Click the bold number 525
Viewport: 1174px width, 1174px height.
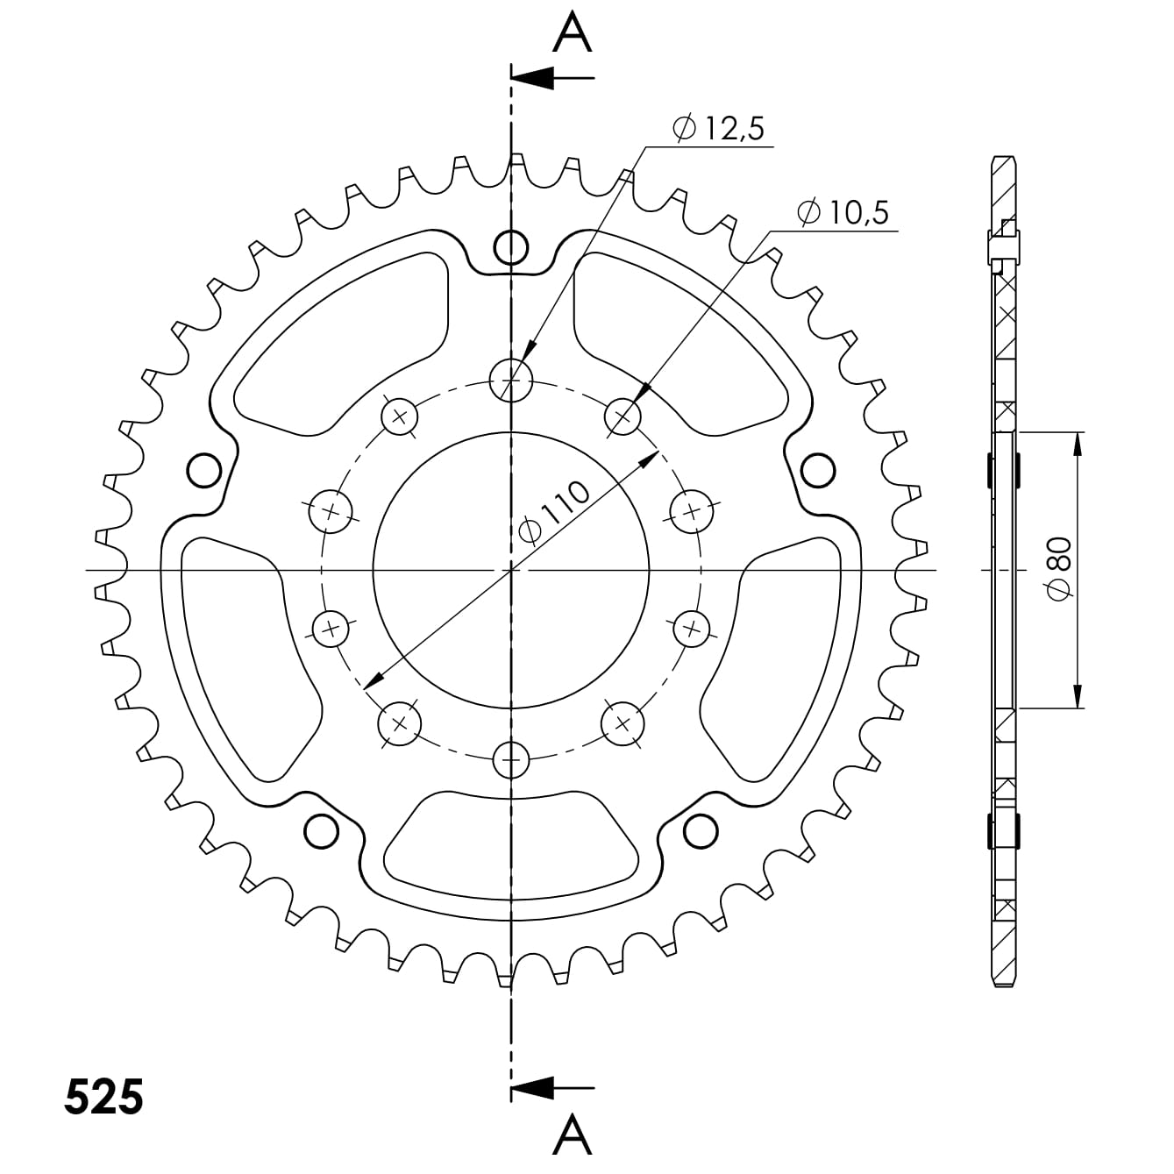tap(103, 1097)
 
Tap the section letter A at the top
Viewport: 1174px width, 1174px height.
tap(573, 32)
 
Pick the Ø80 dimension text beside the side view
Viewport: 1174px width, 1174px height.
tap(1058, 570)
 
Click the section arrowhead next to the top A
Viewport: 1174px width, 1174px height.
tap(532, 78)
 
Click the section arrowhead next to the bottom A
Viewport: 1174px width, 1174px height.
tap(532, 1088)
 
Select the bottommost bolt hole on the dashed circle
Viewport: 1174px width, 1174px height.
tap(511, 758)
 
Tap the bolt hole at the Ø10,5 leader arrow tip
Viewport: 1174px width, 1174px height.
tap(623, 416)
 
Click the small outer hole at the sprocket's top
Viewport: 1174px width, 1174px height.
tap(511, 247)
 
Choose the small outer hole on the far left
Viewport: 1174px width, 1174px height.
tap(204, 470)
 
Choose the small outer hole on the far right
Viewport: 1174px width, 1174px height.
tap(818, 470)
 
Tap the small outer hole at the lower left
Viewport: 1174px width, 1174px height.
tap(321, 829)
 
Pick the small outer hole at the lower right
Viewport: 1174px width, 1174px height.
tap(701, 829)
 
